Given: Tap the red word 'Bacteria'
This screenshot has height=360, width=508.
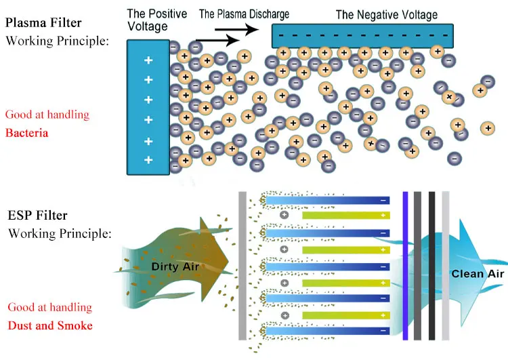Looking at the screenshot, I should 26,133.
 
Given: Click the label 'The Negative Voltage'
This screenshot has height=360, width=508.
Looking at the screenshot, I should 386,14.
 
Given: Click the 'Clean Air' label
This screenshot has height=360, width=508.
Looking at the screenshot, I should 478,273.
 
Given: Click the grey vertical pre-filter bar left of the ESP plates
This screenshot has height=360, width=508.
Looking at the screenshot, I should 242,265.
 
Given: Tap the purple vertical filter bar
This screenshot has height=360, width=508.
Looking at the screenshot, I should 405,265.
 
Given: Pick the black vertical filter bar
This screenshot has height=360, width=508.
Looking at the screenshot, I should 431,265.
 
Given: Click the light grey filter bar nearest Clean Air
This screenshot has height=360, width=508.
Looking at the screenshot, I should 445,265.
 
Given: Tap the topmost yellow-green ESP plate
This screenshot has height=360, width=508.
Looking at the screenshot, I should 345,216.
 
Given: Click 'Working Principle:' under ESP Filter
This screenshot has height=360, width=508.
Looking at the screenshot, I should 60,234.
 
